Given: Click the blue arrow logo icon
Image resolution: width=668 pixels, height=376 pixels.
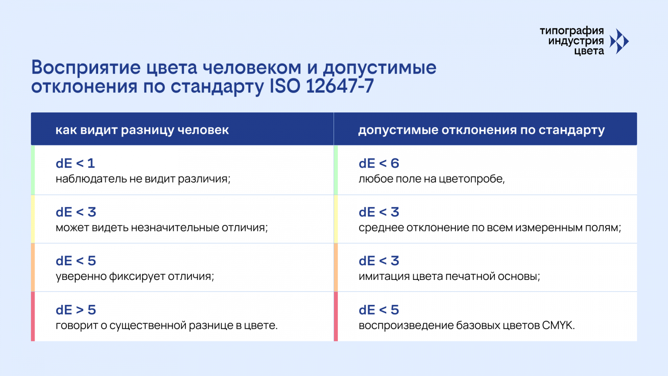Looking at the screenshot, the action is point(619,41).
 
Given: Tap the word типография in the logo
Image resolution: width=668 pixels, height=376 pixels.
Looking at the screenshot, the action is point(572,31).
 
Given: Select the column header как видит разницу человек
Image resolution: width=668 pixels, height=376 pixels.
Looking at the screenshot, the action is point(142,130).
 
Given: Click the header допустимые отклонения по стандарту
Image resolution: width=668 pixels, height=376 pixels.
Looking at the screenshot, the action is point(481,130).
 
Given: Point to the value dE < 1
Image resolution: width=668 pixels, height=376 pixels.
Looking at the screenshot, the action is point(75,163).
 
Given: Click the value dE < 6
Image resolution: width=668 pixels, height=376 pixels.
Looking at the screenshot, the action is point(379,163).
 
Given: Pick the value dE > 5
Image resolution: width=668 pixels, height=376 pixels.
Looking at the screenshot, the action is point(76,310).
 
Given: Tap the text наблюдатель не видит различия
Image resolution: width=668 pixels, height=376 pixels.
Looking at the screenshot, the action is point(143,179).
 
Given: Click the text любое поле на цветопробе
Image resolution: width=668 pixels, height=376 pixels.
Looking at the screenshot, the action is point(432,179).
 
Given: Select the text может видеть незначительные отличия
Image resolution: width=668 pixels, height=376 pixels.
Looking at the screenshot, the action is point(162,228).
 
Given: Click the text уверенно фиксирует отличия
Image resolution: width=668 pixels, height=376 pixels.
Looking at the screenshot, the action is point(135,276).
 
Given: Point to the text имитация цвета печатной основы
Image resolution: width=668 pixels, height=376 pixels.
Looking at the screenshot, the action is point(449,276).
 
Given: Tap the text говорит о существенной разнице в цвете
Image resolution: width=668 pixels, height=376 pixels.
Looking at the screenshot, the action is point(167,325).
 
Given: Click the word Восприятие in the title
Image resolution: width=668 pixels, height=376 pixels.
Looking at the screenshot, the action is point(86,68).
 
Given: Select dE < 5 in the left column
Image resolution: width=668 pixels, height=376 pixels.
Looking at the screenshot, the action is point(76,261).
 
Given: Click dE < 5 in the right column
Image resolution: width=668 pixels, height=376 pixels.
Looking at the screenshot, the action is point(379,310).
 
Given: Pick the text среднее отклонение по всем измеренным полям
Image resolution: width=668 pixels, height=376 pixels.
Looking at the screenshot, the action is point(490,228).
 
